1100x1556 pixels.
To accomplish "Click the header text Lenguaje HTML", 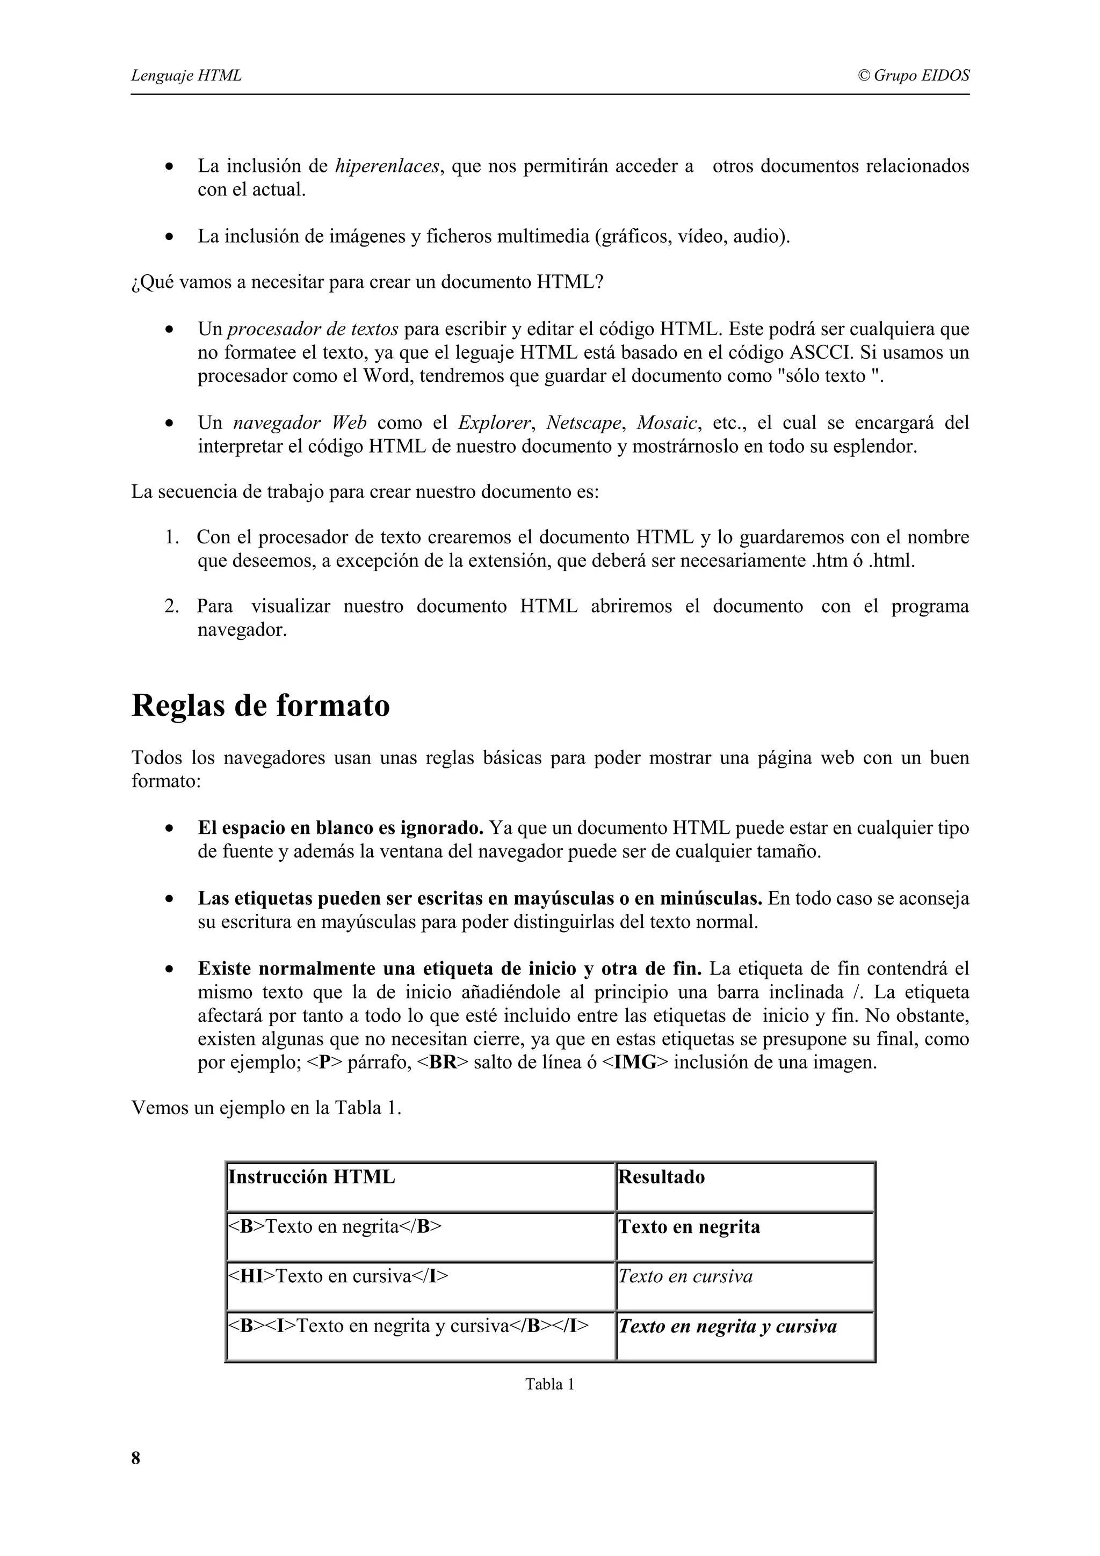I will tap(186, 75).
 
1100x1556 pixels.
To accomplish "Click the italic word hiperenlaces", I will tap(387, 166).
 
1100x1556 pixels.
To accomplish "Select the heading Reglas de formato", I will tap(260, 706).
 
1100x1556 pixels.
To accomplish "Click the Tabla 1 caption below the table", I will tap(549, 1385).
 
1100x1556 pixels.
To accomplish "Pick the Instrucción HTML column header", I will tap(312, 1177).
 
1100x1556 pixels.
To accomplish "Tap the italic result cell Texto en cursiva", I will tap(685, 1277).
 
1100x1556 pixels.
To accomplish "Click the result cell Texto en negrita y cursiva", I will tap(727, 1326).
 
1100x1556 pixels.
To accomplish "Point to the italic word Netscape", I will tap(583, 423).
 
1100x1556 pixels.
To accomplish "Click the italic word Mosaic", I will tap(667, 423).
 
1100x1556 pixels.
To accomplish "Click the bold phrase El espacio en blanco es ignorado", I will tap(340, 828).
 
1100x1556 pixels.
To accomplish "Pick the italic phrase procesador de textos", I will tap(313, 329).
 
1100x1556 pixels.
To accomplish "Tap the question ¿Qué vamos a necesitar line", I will tap(367, 282).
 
